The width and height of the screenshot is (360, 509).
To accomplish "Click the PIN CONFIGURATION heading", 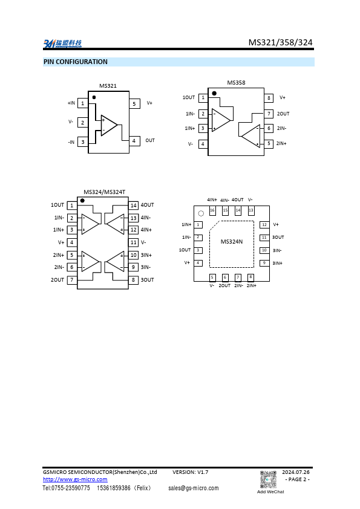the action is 76,62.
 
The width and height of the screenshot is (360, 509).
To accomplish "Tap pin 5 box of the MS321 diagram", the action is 134,104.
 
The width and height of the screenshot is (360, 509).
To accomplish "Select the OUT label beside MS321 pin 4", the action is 150,141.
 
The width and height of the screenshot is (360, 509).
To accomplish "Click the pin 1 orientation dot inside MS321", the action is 94,97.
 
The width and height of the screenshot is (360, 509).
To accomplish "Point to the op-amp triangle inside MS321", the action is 108,125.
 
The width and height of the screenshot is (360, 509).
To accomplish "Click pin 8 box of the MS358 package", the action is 269,98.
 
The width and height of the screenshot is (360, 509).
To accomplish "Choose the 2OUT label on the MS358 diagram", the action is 283,114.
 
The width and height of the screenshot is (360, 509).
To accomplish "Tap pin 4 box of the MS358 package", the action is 203,144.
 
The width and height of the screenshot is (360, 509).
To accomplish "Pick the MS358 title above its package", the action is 236,83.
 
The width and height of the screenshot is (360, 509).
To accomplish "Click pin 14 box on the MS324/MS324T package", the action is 134,206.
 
